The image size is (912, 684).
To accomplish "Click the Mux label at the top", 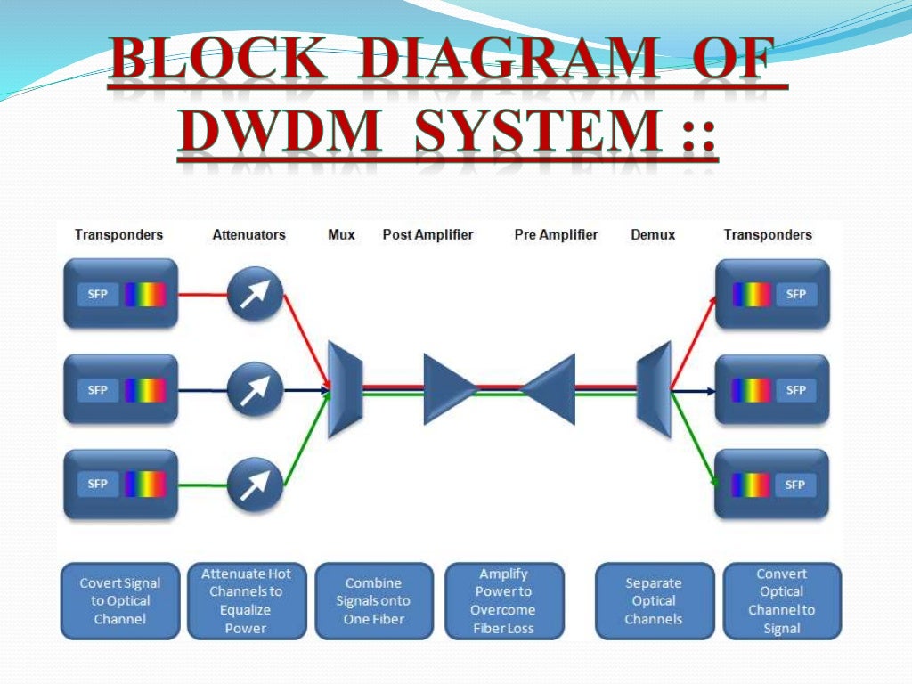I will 341,235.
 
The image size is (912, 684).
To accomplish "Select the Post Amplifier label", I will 427,235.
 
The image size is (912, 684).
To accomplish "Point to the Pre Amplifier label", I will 556,235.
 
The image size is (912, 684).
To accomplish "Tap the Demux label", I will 653,235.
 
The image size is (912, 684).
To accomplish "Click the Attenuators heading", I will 248,235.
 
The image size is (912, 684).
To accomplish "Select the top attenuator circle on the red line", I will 255,295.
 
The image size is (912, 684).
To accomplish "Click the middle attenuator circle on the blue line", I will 255,389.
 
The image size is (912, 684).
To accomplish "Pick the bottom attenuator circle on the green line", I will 255,484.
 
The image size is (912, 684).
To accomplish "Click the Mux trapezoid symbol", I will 345,389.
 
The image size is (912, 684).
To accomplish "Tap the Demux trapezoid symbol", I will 654,389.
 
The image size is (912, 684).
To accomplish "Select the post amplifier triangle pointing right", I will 448,388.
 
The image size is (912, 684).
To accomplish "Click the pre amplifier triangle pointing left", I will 550,388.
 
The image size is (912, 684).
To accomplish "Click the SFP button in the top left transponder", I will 98,294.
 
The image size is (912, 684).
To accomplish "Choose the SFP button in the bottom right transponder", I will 795,484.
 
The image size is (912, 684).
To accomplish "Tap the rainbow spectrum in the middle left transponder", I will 145,390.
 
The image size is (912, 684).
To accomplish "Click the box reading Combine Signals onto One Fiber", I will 374,601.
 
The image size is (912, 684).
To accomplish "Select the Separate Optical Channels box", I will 654,601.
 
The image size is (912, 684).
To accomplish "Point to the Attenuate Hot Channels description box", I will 246,601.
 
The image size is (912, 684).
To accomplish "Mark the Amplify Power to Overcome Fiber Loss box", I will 503,601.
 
